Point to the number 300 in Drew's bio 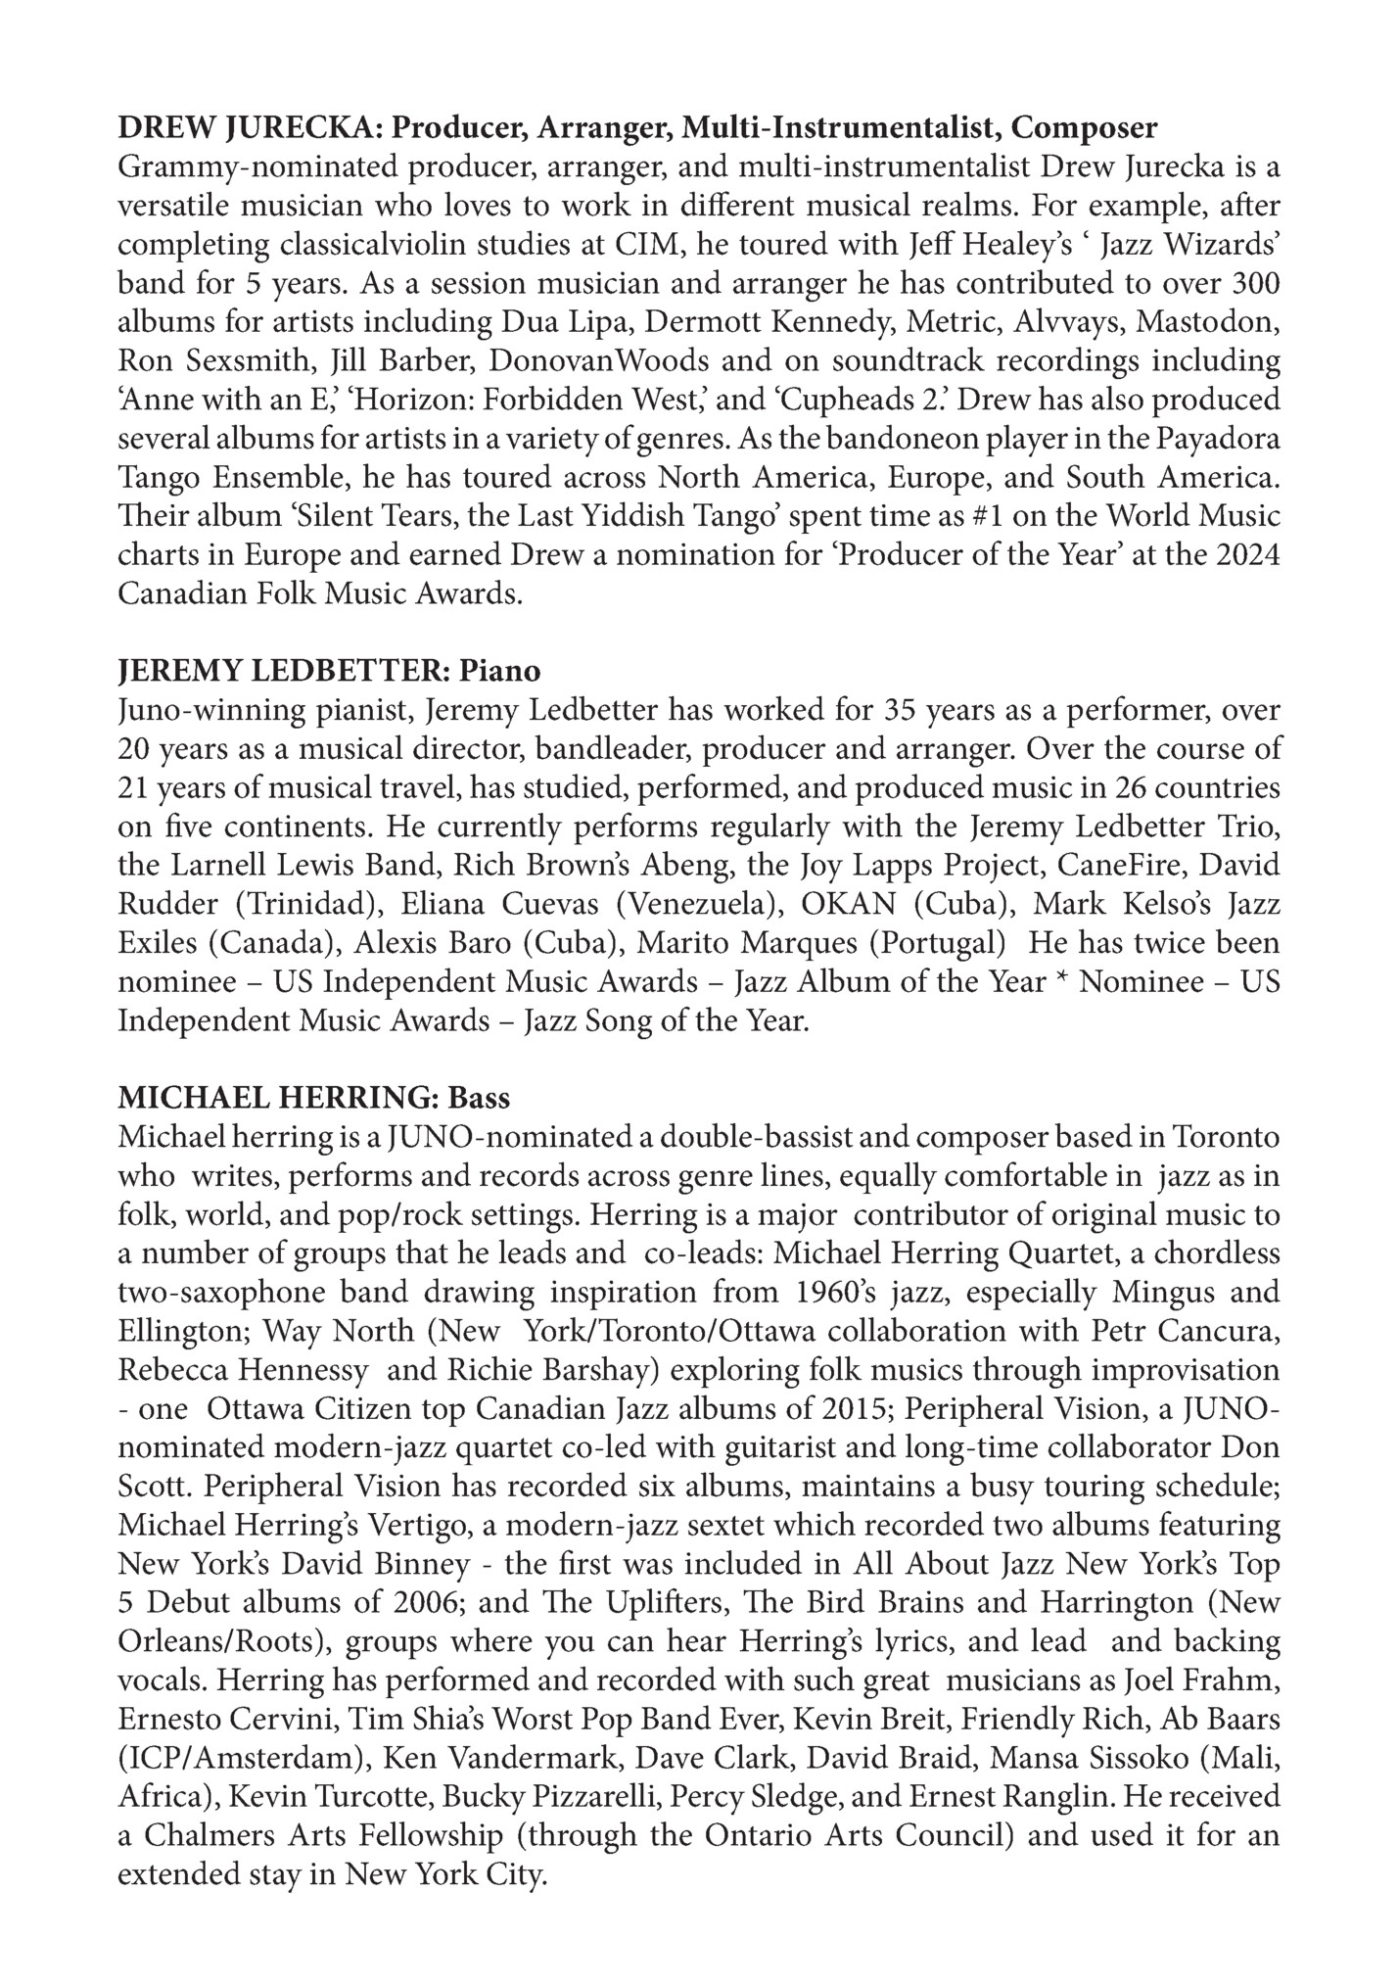pos(1252,283)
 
